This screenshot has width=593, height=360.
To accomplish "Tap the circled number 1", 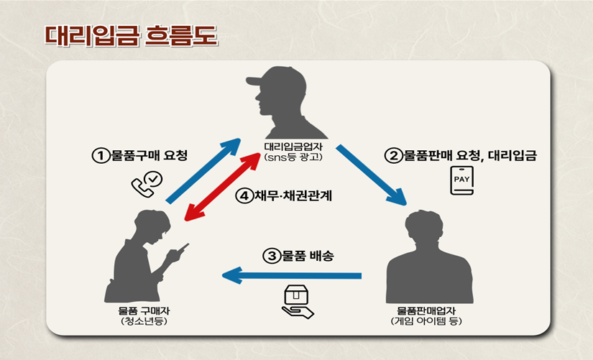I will coord(99,155).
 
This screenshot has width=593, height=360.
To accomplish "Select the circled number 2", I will coord(392,155).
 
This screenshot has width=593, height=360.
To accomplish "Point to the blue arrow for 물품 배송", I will coord(291,274).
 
